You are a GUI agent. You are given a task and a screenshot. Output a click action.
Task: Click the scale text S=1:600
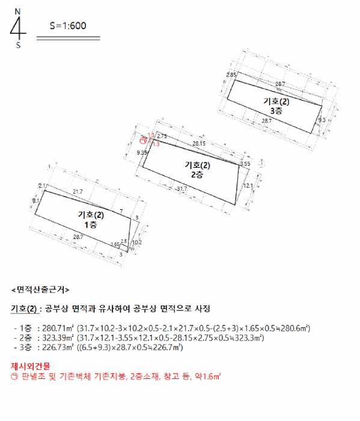click(68, 25)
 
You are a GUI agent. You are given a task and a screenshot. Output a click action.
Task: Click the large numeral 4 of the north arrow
click(19, 28)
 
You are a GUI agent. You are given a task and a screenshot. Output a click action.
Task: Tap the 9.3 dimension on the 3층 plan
click(322, 120)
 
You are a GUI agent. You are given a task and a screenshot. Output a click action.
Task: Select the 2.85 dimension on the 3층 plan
click(231, 75)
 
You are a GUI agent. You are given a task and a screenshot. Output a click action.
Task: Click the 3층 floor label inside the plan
click(276, 111)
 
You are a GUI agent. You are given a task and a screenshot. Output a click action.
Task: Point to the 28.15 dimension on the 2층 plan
click(199, 144)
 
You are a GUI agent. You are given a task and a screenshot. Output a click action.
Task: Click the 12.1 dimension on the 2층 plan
click(248, 186)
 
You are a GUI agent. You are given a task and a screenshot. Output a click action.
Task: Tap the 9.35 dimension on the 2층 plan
click(142, 153)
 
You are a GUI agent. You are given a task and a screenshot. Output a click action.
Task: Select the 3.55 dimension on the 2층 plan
click(245, 164)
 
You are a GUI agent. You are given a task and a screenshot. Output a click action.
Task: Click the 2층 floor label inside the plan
click(197, 174)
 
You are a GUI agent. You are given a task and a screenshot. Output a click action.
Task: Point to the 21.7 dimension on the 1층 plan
click(78, 191)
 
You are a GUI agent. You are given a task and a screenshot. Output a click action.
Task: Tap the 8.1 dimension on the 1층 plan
click(35, 200)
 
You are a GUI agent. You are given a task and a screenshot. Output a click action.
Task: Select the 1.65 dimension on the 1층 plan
click(115, 244)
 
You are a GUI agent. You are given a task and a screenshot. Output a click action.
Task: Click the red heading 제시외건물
click(30, 366)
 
